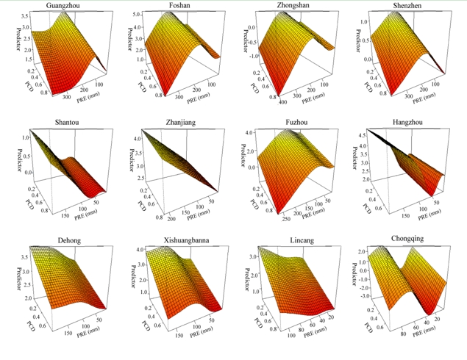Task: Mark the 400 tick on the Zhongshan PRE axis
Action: coord(284,101)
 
